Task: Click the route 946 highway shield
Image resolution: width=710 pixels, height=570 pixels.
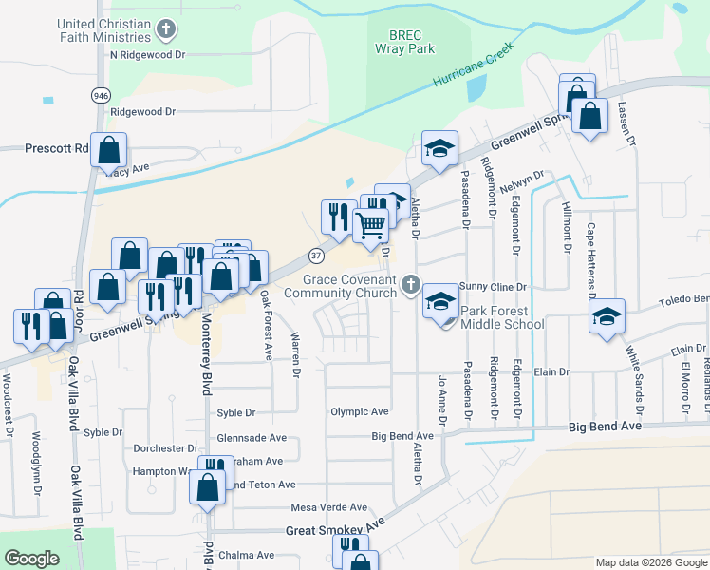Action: tap(100, 95)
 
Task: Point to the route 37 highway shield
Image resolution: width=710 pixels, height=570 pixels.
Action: tap(315, 255)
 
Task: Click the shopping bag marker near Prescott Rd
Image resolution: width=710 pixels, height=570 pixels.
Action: tap(109, 149)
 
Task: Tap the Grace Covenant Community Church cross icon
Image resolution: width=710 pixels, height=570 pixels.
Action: tap(410, 283)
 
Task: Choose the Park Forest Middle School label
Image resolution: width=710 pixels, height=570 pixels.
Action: tap(502, 317)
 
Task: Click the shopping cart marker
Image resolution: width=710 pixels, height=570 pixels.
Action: tap(371, 224)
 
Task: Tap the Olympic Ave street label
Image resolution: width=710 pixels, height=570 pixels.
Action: tap(360, 411)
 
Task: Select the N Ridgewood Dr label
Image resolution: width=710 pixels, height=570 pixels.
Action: tap(146, 55)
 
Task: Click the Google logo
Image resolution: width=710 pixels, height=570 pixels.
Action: tap(31, 559)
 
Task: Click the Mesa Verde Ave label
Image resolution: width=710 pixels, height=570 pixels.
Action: tap(329, 507)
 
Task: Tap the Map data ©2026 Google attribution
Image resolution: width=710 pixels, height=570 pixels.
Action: tap(651, 562)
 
